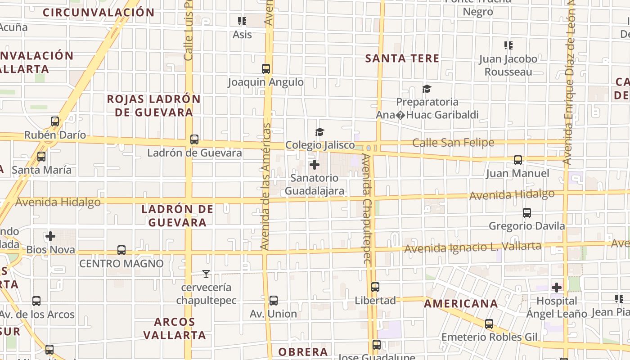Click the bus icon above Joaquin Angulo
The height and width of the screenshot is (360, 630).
pos(266,69)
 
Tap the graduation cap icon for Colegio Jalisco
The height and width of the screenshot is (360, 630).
pos(319,132)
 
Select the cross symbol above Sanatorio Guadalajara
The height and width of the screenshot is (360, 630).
pos(315,165)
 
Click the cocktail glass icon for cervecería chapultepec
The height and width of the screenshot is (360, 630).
pos(206,274)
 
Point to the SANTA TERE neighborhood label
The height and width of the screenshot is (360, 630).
pos(402,58)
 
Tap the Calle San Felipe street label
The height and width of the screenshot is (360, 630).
pos(453,143)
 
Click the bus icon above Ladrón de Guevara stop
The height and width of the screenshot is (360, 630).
pos(194,139)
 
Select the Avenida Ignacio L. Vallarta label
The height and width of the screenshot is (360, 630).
pos(472,247)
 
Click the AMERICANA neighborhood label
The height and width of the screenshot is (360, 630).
pos(461,304)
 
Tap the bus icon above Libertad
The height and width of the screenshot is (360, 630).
pos(375,287)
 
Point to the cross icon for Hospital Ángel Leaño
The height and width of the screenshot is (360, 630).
pos(557,287)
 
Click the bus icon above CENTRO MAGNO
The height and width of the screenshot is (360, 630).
pos(121,250)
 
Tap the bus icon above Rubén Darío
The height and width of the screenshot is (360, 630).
pos(55,121)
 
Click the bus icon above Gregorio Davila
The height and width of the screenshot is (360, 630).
pos(527,213)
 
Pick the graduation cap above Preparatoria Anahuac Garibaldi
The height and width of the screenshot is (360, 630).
pos(427,89)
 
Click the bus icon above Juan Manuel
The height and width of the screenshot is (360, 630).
pos(518,160)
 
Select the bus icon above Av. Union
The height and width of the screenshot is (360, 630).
pos(273,301)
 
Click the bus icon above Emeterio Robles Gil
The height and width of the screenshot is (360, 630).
pos(489,324)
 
